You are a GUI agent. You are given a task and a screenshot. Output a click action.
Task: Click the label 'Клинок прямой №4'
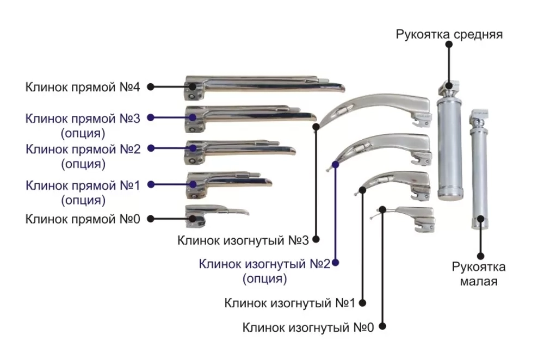click(83, 86)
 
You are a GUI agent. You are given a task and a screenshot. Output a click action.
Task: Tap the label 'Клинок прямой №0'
click(83, 219)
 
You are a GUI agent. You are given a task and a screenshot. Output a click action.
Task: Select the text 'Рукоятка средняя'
click(449, 35)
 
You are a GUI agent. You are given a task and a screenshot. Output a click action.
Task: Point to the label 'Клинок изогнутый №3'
click(243, 240)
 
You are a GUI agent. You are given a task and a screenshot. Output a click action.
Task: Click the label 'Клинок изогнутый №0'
click(308, 327)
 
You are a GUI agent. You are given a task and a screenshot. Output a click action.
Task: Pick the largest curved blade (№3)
click(375, 106)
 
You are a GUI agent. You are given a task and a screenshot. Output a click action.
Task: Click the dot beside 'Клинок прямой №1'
click(150, 184)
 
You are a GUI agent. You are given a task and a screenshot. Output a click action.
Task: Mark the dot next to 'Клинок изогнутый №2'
click(335, 263)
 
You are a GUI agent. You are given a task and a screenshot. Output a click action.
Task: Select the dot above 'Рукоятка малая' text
click(480, 255)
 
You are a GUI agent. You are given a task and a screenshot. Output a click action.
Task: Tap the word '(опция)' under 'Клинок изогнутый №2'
click(264, 279)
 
